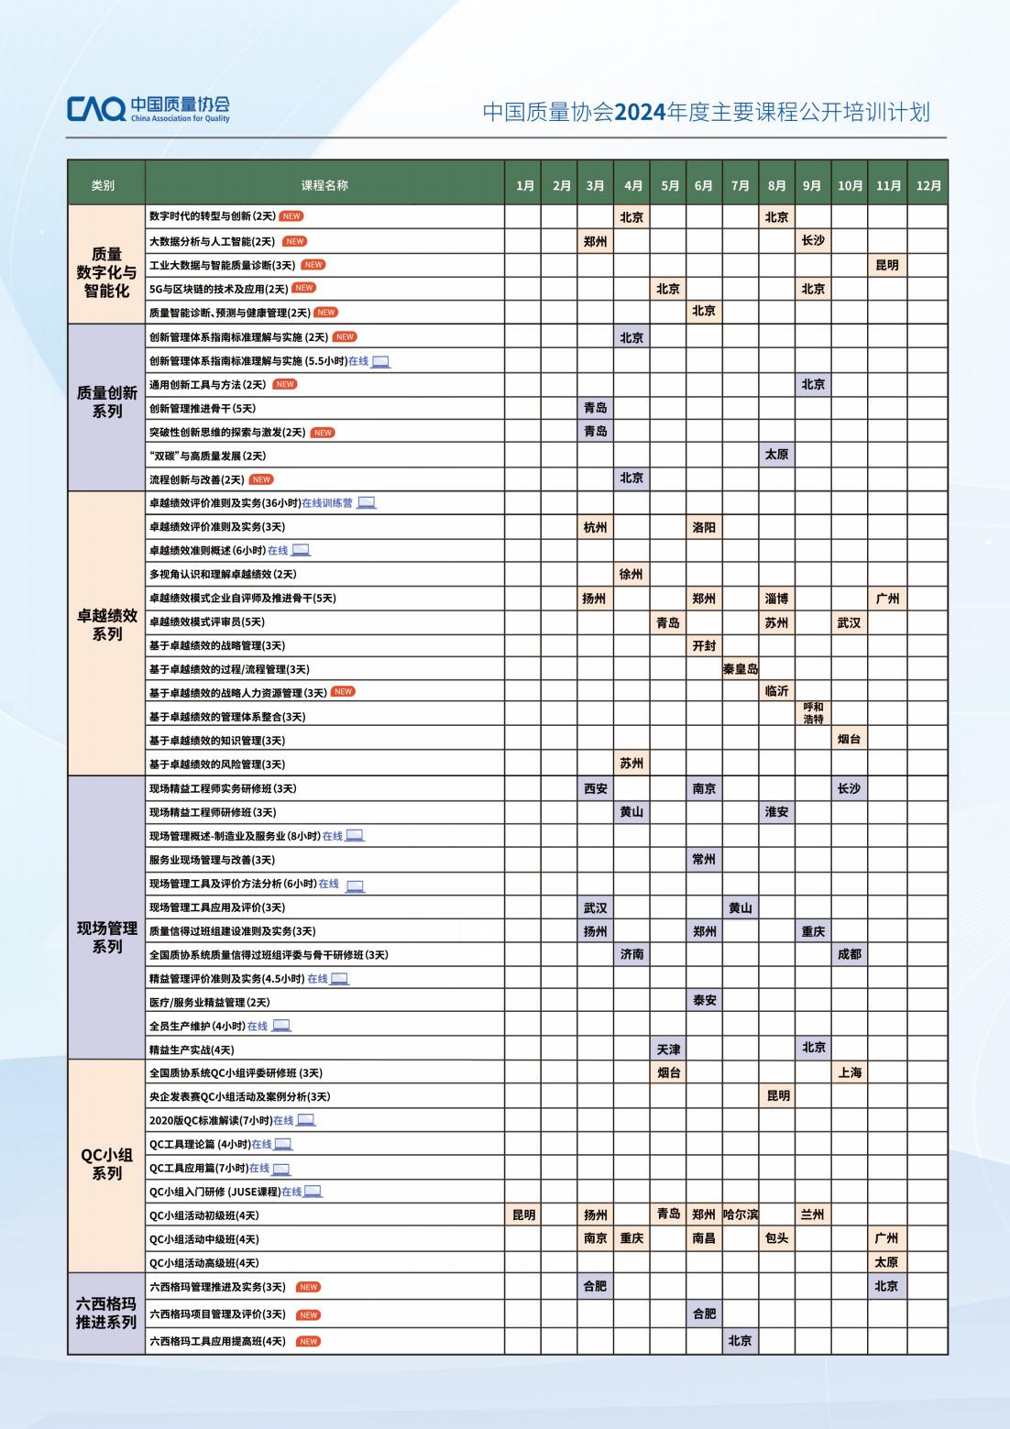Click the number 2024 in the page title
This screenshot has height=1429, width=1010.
640,113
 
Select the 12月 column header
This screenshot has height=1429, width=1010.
928,185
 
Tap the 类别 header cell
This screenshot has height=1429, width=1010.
104,185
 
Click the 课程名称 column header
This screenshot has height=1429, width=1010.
324,185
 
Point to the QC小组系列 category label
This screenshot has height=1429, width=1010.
106,1164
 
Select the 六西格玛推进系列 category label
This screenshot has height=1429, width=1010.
106,1313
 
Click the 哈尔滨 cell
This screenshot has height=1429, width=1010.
741,1215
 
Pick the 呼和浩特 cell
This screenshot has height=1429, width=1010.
813,713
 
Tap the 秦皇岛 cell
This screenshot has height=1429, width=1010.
741,669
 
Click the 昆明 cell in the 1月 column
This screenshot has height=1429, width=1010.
523,1215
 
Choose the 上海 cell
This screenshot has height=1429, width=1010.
850,1072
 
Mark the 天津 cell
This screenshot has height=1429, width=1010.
669,1049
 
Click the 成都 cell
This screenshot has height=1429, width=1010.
850,954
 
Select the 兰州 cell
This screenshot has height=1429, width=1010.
813,1215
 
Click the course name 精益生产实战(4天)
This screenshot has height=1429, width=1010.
192,1050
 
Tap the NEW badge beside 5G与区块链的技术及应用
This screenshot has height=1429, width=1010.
303,288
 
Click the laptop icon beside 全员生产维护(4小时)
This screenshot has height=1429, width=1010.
281,1026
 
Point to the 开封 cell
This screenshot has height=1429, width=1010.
704,645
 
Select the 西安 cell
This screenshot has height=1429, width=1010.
596,788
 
